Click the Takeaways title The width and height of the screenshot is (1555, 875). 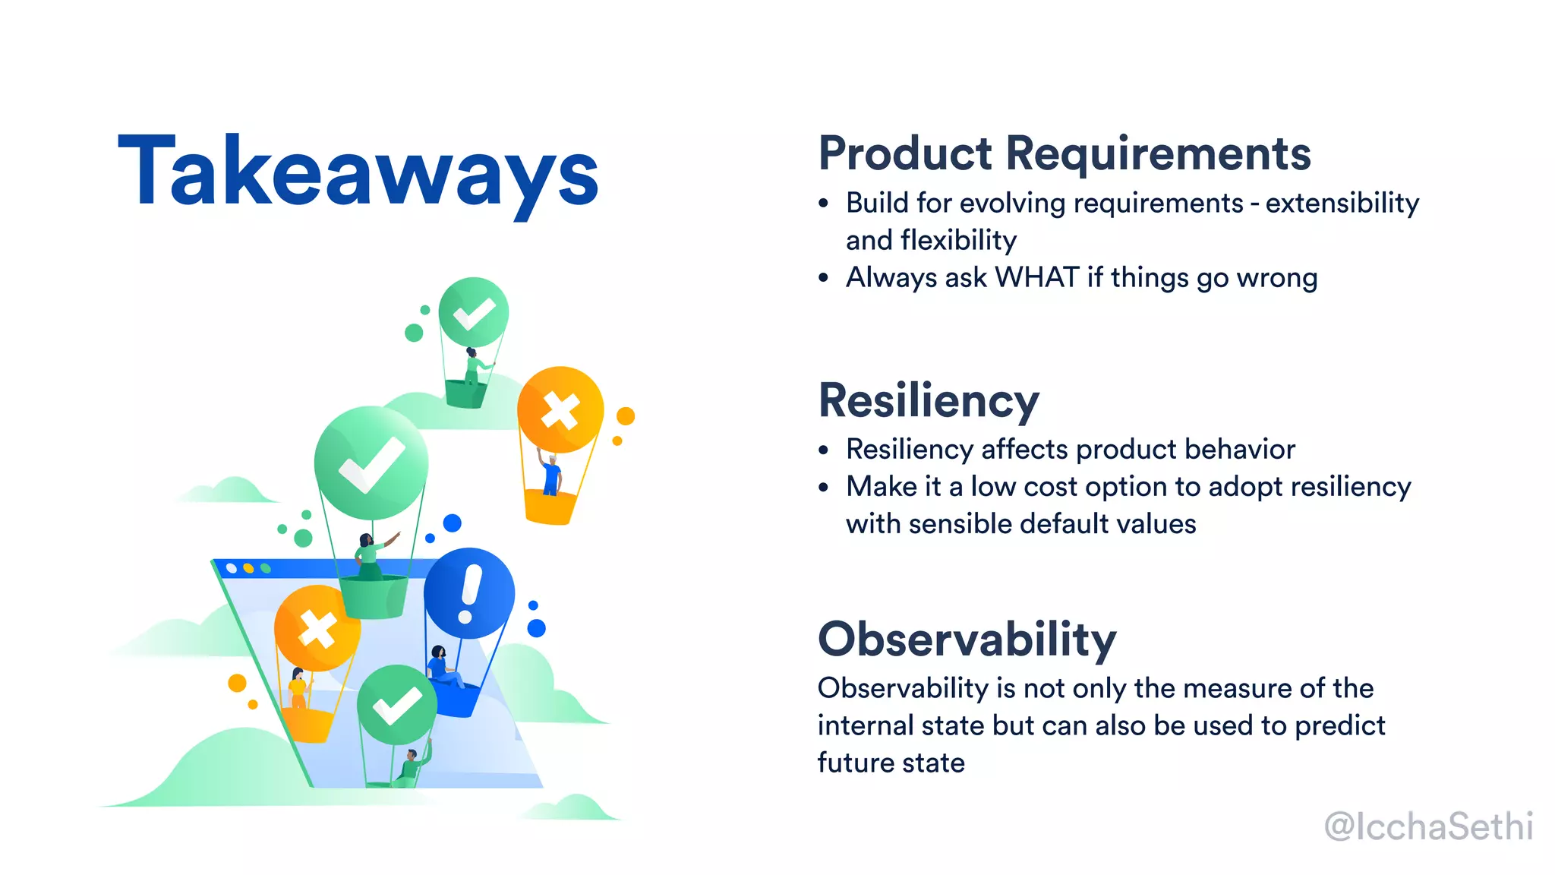pos(358,172)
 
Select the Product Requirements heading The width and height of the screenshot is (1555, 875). pos(1065,153)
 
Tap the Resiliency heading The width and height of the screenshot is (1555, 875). pos(928,400)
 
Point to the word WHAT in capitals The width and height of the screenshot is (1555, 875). pos(1036,278)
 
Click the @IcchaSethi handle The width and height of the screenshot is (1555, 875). pos(1427,826)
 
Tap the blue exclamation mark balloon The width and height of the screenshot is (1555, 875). pos(469,593)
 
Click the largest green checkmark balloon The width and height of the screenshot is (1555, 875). pos(371,463)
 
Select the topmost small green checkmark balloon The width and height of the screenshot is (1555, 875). pos(474,311)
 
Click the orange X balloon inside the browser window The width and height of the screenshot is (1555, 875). pos(317,628)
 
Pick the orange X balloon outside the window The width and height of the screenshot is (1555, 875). pos(560,409)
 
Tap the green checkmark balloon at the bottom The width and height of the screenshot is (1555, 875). pos(396,705)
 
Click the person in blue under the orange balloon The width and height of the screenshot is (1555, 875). pos(551,474)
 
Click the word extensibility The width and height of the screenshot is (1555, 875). pos(1342,204)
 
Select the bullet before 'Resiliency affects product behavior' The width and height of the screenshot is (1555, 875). pos(824,450)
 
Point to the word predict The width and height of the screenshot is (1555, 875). pos(1339,726)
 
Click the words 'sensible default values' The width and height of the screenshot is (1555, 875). pos(1052,524)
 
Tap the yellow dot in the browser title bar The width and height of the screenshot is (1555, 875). pos(248,568)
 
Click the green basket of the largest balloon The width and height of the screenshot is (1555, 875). pos(373,596)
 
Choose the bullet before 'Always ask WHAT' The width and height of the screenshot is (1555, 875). pos(824,279)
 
